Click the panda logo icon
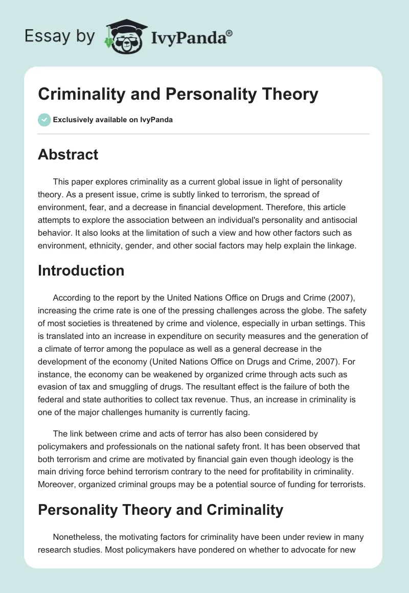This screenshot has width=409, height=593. click(x=124, y=36)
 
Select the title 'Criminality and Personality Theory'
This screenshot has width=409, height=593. click(x=178, y=95)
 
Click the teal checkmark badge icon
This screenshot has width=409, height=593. click(x=44, y=120)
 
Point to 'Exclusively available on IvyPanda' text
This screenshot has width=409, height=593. click(x=113, y=120)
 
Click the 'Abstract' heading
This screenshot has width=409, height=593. click(x=68, y=154)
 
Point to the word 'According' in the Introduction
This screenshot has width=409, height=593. click(x=71, y=298)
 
